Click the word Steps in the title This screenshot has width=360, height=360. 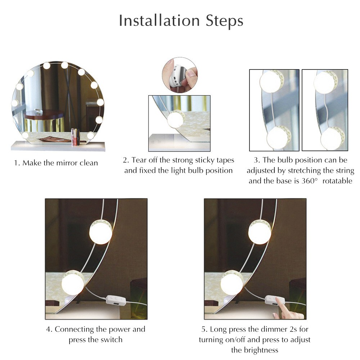(224, 21)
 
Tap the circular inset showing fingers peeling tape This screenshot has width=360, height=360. (179, 75)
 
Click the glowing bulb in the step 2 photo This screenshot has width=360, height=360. (175, 119)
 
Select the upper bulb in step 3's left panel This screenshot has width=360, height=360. (270, 81)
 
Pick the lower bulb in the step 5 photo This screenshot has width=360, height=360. (231, 282)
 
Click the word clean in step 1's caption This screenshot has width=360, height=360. (86, 163)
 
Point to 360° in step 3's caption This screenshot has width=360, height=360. (310, 181)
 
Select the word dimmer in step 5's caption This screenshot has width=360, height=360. (272, 329)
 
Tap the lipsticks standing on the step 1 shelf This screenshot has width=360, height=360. (75, 137)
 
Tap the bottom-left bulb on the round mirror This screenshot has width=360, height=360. (25, 135)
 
